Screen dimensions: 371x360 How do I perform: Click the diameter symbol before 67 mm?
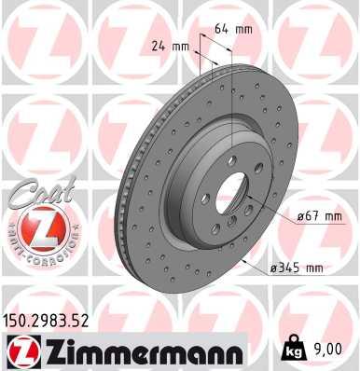(276, 216)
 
